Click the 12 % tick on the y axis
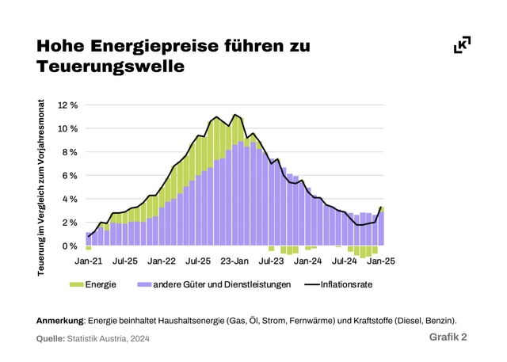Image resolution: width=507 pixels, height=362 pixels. [x=67, y=105]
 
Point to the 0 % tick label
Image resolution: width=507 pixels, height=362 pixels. [x=70, y=246]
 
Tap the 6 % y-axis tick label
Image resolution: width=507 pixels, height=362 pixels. [x=70, y=176]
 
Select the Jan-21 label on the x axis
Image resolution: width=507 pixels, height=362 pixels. [x=88, y=260]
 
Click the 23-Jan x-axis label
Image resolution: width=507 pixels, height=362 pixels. [x=234, y=260]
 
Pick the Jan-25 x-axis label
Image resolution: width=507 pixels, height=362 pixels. [x=382, y=260]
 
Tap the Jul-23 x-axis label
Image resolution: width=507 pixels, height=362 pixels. [x=272, y=260]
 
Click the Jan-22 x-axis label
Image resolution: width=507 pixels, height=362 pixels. [x=162, y=260]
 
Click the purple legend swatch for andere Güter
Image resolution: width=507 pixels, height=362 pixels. [x=144, y=284]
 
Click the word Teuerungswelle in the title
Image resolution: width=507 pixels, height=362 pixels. [x=110, y=68]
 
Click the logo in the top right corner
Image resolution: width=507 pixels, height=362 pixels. [x=462, y=45]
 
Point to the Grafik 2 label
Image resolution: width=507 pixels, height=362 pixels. [x=448, y=337]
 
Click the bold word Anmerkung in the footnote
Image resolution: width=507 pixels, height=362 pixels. [x=60, y=321]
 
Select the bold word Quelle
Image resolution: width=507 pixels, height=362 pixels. [x=51, y=339]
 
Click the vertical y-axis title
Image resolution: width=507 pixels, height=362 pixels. [x=41, y=188]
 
